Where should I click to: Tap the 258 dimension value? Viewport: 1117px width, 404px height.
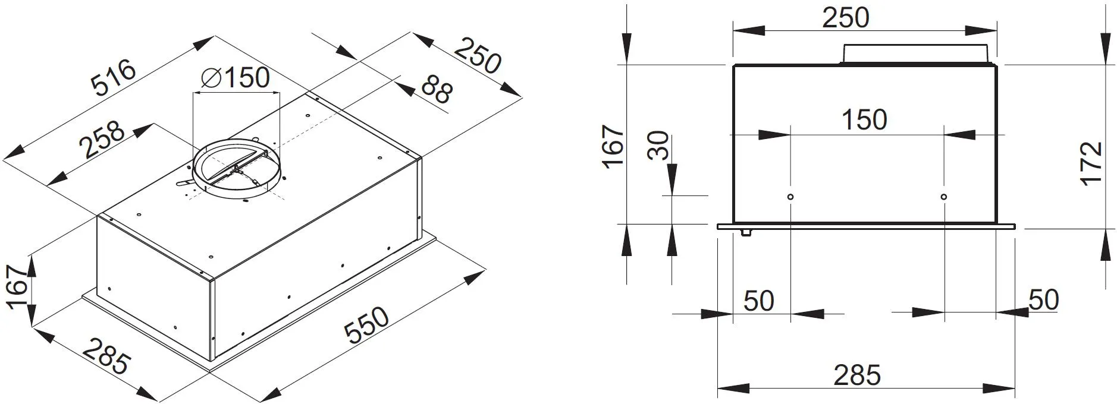coord(103,141)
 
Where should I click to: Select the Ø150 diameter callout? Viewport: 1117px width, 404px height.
coord(236,78)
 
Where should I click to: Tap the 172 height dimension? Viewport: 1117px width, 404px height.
coord(1091,163)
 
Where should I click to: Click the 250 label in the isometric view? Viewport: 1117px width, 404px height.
coord(478,55)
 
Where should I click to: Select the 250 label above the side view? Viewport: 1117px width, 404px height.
coord(845,18)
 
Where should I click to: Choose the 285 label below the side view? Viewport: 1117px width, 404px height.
coord(856,375)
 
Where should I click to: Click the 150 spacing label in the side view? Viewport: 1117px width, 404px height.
coord(864,119)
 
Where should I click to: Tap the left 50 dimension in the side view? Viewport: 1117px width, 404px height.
coord(758,301)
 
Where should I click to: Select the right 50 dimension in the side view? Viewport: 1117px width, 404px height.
coord(1043,299)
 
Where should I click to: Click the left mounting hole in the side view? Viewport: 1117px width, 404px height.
coord(790,197)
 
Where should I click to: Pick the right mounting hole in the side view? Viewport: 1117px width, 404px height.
coord(944,197)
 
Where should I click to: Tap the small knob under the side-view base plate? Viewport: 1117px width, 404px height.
coord(745,232)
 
